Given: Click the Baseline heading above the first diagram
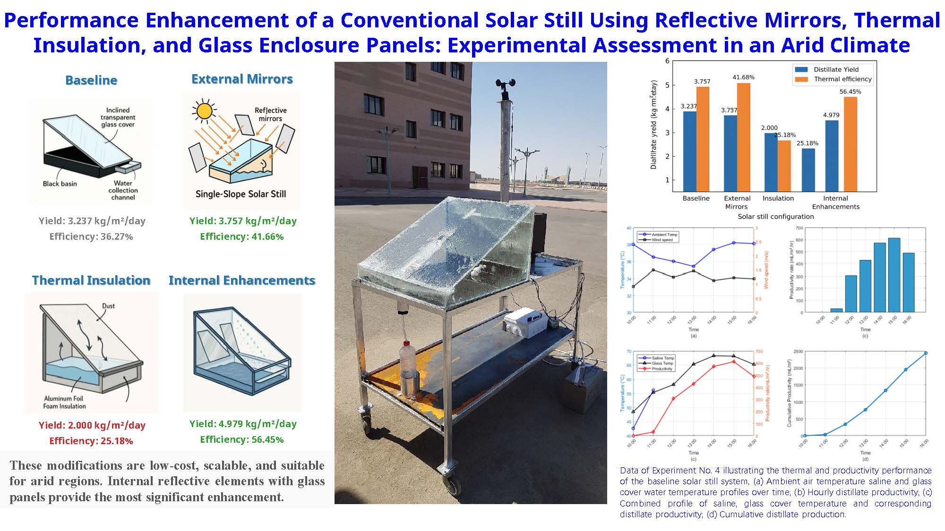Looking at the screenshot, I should tap(91, 80).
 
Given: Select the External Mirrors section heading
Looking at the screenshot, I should tap(242, 79).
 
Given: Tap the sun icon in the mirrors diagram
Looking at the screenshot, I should tap(204, 111).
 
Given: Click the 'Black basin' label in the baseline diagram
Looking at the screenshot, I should tap(60, 184).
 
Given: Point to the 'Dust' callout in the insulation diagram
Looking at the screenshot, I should tap(108, 306).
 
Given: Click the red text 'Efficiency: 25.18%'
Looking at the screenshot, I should tap(91, 441).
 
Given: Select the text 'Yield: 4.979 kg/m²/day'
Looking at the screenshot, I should tap(243, 424).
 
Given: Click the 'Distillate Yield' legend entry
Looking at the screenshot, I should tap(835, 69).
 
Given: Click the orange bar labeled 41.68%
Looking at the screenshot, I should tap(743, 137).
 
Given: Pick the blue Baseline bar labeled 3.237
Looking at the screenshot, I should tap(690, 151).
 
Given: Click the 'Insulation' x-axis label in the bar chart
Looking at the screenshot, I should tap(778, 198).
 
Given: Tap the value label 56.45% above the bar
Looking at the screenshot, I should tap(850, 92).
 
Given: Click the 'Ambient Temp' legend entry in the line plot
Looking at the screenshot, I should tap(664, 235).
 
